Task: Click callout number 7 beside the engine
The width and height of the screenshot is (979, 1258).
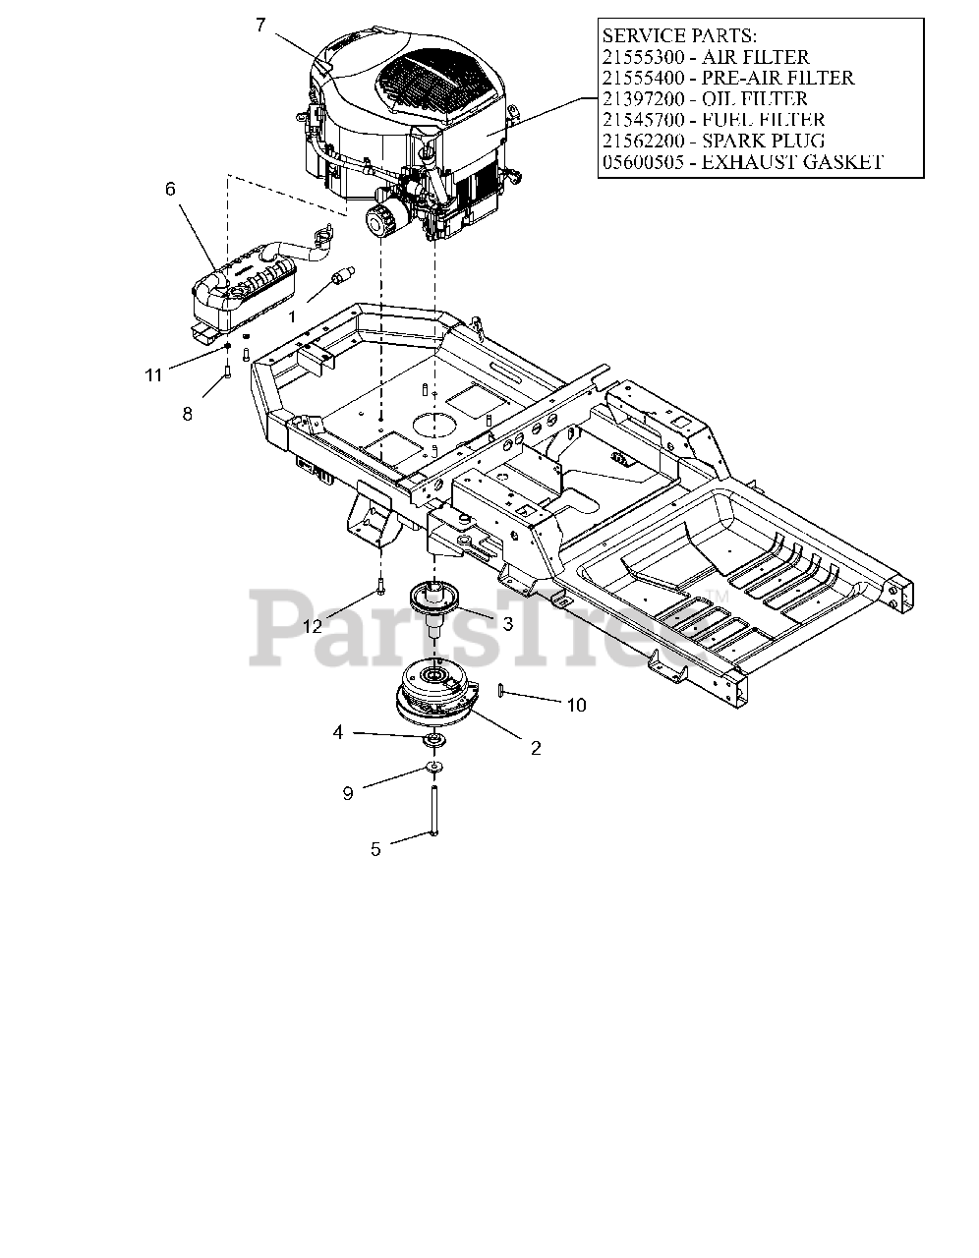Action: click(259, 26)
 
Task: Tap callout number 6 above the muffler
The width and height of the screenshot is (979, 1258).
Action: click(170, 189)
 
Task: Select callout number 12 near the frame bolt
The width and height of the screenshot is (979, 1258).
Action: click(313, 626)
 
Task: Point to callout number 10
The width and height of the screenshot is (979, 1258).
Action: click(576, 705)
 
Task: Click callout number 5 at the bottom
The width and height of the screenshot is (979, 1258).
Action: click(375, 849)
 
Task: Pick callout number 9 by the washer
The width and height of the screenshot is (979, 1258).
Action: click(348, 793)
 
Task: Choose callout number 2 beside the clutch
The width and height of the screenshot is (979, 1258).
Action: click(536, 748)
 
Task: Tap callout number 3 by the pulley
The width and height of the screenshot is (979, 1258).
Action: click(507, 623)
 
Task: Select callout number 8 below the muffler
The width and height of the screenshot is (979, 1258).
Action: click(188, 415)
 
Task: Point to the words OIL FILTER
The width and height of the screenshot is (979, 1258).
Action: click(747, 99)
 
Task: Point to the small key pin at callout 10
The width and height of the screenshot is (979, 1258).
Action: click(502, 691)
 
